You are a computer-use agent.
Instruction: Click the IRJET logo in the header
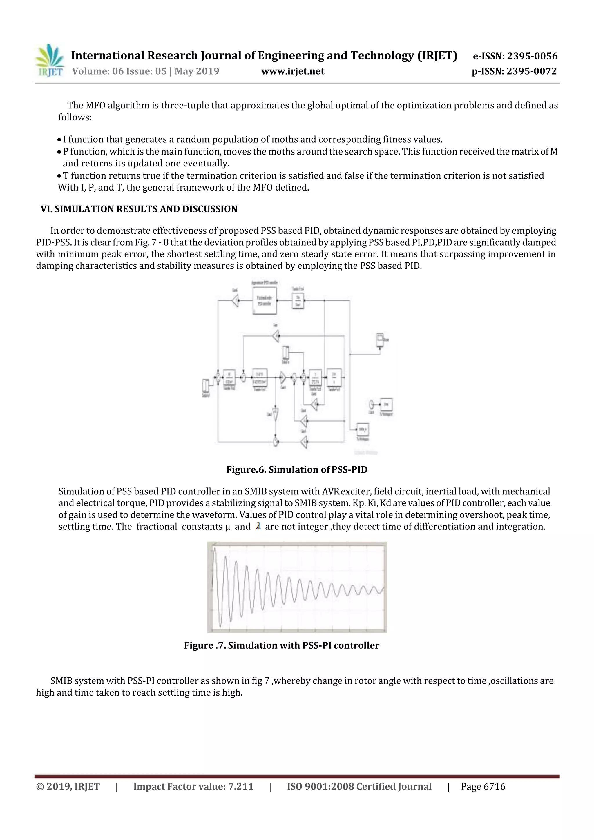point(49,60)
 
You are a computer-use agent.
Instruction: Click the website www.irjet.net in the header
point(292,71)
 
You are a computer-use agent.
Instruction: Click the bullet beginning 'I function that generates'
point(253,139)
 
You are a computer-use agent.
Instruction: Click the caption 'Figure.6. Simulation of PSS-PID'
point(297,470)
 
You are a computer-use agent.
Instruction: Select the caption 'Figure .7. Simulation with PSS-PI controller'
point(281,645)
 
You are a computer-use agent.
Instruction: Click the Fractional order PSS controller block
point(264,301)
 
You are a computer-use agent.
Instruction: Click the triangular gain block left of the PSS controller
point(235,301)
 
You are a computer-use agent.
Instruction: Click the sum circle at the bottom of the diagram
point(276,442)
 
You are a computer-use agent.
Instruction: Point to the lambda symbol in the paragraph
point(258,527)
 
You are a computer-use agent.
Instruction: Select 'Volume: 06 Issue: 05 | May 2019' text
point(145,71)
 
